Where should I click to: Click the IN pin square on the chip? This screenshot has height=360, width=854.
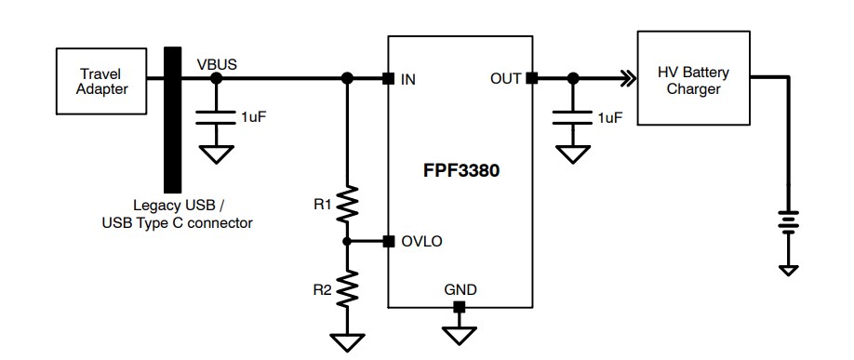[x=387, y=79]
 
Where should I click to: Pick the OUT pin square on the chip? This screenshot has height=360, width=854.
[x=531, y=79]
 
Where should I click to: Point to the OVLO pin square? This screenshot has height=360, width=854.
[x=387, y=242]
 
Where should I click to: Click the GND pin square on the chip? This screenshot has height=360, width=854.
[x=459, y=306]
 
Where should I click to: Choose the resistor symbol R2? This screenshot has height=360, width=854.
[x=347, y=289]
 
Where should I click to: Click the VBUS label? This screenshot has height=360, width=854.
[x=217, y=64]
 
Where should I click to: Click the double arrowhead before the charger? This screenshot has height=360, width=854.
[x=629, y=79]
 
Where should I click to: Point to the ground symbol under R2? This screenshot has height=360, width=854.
[x=347, y=342]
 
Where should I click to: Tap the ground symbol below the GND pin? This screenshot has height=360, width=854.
[x=459, y=332]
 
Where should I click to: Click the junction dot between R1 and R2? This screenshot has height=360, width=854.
[x=347, y=242]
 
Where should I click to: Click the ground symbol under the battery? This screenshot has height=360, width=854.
[x=788, y=268]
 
